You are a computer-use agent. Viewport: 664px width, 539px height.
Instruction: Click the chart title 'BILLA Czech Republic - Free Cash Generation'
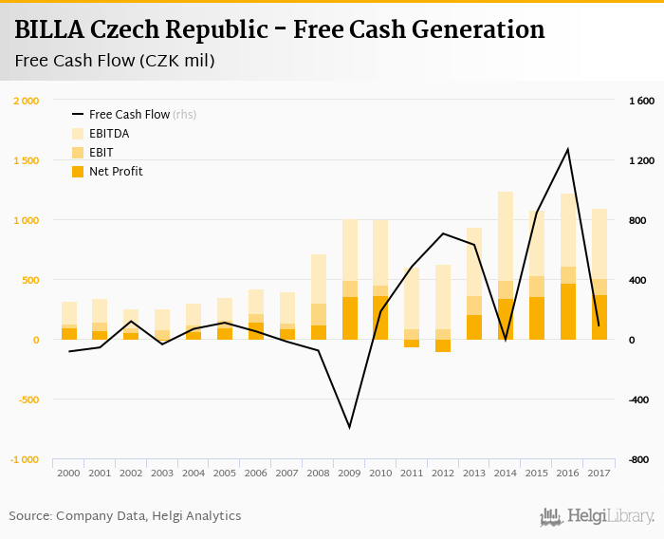pos(280,29)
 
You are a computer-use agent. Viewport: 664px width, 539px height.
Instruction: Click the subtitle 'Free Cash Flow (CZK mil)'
pos(115,62)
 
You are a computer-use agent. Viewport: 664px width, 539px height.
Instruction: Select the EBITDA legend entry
pos(109,134)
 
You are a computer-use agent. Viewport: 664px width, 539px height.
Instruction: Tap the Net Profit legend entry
pos(116,172)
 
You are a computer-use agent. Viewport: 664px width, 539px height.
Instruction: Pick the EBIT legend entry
pos(102,153)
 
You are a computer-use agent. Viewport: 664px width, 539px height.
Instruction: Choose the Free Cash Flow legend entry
pos(129,115)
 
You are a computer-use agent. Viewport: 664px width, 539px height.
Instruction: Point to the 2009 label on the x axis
pos(350,473)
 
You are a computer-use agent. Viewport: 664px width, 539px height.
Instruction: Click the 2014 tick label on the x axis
pos(506,473)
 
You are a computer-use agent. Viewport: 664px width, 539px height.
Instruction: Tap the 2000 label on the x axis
pos(69,473)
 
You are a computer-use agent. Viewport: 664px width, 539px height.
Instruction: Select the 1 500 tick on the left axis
pos(26,160)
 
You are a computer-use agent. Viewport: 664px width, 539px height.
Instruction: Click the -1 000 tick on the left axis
pos(24,459)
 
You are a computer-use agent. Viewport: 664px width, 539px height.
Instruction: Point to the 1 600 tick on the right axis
pos(642,101)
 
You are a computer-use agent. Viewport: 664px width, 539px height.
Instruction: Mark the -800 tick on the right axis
pos(642,459)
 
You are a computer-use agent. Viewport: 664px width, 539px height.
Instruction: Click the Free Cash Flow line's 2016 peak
pos(568,149)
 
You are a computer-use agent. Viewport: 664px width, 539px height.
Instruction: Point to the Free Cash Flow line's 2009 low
pos(350,427)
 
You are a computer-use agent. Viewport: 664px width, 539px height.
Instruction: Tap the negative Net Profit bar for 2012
pos(443,345)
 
